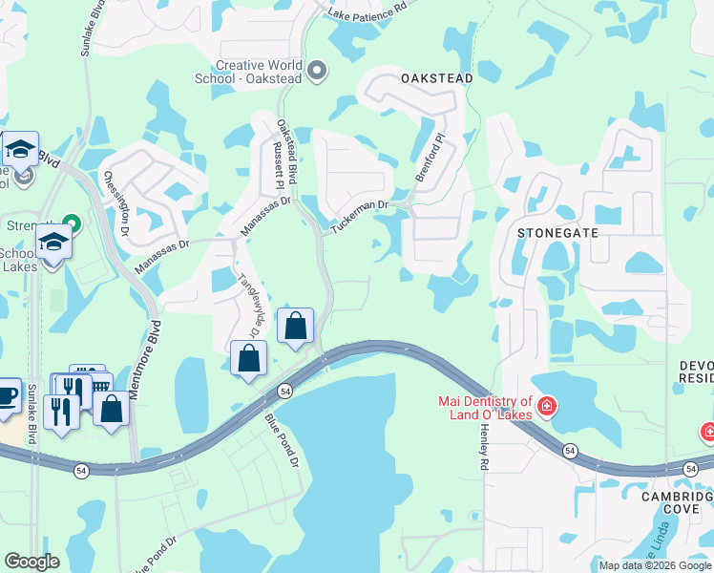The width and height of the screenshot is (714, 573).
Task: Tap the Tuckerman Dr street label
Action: pyautogui.click(x=360, y=218)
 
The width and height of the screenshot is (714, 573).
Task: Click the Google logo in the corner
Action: pyautogui.click(x=32, y=562)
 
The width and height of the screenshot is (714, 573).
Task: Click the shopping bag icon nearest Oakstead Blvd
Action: pyautogui.click(x=296, y=326)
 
